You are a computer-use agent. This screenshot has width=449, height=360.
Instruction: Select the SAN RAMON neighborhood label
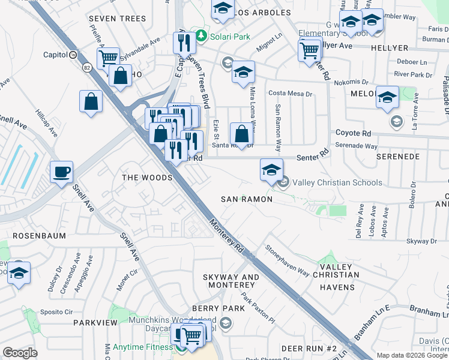click(247, 199)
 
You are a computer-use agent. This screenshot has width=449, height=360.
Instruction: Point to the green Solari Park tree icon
click(202, 37)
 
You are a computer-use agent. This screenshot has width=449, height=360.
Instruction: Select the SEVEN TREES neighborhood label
click(117, 19)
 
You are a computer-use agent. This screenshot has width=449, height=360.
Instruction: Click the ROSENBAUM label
click(39, 236)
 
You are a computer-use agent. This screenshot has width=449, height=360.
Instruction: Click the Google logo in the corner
click(20, 352)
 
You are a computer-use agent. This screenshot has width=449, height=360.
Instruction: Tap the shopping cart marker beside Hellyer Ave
click(310, 50)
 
